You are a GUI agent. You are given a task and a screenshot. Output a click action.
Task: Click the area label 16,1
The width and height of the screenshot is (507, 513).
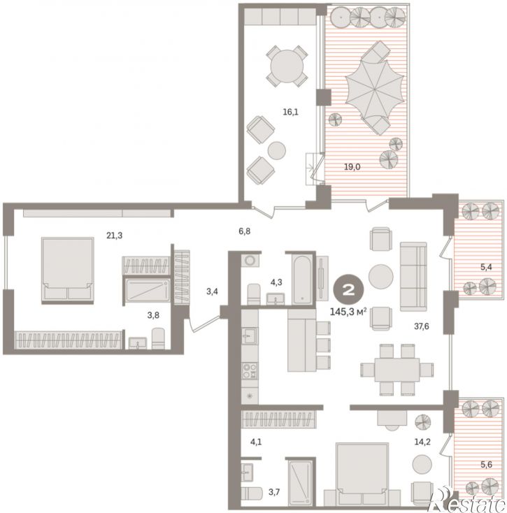[x=290, y=113]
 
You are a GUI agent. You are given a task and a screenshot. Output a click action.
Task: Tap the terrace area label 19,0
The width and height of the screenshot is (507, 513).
[x=352, y=167]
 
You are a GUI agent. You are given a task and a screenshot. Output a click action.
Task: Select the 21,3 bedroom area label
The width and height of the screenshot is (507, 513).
[x=115, y=235]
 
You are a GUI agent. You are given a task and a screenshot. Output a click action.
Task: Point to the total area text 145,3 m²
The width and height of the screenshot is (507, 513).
[x=348, y=312]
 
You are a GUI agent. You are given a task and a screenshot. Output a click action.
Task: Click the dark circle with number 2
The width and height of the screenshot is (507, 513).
[x=348, y=290]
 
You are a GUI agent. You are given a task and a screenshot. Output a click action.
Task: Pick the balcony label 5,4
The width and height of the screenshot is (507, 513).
[x=486, y=267]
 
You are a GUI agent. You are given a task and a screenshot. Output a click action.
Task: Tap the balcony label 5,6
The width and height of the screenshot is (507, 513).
[x=487, y=464]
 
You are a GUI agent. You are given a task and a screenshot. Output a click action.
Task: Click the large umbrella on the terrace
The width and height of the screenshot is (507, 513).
[x=374, y=87]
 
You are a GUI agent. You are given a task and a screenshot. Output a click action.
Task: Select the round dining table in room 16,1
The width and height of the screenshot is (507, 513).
[x=287, y=66]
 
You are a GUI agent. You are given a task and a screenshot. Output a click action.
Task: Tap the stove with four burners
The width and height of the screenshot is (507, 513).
[x=250, y=370]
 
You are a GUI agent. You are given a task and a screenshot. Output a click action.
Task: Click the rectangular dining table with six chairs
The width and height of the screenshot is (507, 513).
[x=397, y=370]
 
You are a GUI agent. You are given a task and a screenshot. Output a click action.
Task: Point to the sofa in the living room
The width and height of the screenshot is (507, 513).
[x=413, y=277]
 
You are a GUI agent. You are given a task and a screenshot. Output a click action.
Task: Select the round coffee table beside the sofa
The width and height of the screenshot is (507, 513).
[x=380, y=277]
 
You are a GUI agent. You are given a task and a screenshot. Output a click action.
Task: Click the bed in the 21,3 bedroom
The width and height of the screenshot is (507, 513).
[x=67, y=270]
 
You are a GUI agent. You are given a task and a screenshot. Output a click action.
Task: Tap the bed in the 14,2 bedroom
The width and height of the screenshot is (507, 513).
[x=362, y=474]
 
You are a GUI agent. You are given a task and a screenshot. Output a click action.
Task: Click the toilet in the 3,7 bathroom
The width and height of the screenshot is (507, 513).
[x=252, y=493]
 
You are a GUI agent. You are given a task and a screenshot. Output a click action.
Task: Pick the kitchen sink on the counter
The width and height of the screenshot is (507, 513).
[x=250, y=336]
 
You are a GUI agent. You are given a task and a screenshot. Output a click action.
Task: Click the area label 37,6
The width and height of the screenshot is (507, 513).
[x=422, y=326]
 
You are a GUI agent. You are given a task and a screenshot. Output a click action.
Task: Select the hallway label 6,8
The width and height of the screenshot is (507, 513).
[x=245, y=231]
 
